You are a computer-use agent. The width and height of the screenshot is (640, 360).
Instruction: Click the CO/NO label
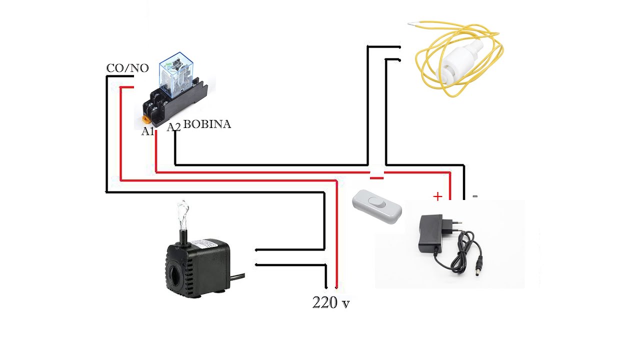127,68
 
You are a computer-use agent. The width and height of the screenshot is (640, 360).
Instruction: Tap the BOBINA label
207,124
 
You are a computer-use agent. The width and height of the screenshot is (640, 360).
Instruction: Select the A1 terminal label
147,131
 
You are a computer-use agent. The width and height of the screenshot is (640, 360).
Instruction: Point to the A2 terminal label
173,127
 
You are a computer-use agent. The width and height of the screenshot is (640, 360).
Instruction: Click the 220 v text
331,302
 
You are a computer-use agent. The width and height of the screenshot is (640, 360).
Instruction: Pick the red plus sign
437,196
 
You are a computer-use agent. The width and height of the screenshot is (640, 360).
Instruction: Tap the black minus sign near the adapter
475,196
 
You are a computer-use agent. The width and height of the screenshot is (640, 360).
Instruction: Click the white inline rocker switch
377,207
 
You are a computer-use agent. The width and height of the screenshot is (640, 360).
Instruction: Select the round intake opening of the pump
174,275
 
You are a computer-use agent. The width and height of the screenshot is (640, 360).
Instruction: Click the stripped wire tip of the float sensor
412,24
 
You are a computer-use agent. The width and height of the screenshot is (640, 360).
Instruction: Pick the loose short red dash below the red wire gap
377,178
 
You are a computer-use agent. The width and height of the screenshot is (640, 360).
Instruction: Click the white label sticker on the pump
205,245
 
